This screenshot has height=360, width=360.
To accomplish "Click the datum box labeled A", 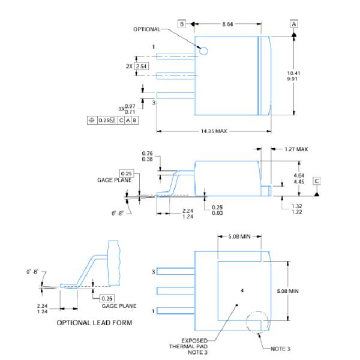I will (294, 24).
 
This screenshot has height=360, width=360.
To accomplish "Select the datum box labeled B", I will (182, 24).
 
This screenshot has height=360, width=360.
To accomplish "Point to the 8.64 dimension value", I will (228, 24).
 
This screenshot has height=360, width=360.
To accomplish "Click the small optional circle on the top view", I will (203, 51).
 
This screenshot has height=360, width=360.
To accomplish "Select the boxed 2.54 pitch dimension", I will (141, 65).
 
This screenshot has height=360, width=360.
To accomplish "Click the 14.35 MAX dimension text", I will (213, 131).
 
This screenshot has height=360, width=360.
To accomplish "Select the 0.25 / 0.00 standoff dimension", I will (218, 209).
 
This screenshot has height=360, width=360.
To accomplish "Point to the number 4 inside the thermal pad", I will (242, 290).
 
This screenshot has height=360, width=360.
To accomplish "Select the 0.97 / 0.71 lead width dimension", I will (129, 109).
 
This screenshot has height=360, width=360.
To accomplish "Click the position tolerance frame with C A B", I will (113, 119).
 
